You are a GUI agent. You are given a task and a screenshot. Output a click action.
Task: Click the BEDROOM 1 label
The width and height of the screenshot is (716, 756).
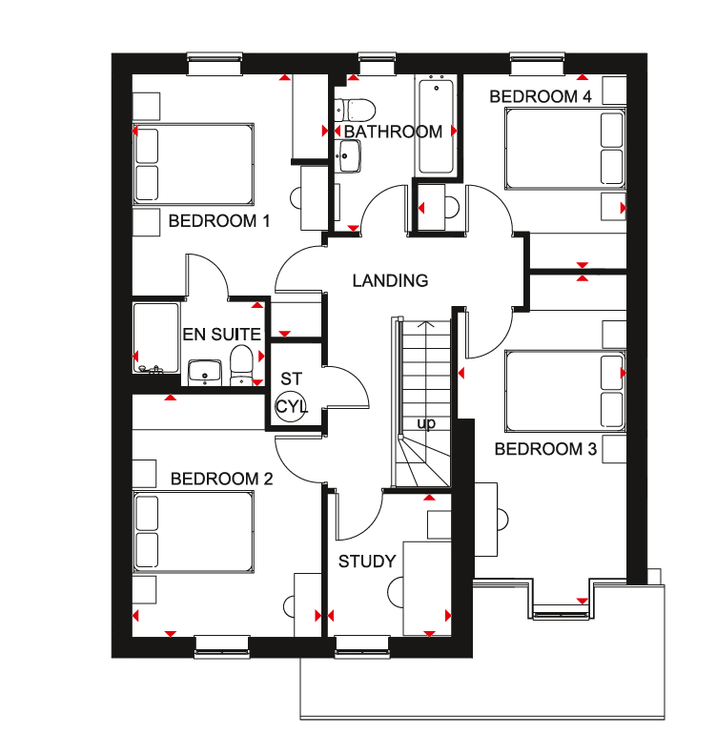(219, 221)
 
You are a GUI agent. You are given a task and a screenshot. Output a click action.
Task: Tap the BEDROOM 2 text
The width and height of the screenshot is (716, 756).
(221, 479)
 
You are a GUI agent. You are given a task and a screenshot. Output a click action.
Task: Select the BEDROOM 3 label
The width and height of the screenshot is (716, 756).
(545, 449)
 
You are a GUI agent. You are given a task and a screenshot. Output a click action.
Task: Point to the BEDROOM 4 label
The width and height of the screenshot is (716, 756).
(541, 96)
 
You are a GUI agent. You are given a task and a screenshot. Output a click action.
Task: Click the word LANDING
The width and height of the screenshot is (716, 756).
(390, 280)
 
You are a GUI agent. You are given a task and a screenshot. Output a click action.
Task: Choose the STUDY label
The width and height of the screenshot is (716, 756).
(367, 562)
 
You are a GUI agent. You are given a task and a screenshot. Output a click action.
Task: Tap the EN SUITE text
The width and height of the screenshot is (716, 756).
(221, 334)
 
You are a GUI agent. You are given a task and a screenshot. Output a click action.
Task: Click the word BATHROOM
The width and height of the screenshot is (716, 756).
(393, 132)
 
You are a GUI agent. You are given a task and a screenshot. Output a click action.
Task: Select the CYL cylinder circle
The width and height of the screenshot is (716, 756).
(291, 406)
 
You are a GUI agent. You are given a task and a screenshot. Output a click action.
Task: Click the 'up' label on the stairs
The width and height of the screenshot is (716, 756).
(426, 423)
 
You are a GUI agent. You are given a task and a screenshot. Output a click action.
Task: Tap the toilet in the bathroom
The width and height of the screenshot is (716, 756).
(355, 110)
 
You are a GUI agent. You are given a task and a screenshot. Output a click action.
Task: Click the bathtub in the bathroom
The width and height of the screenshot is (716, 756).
(437, 127)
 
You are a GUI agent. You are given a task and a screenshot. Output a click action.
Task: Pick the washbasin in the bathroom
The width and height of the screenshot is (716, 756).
(349, 155)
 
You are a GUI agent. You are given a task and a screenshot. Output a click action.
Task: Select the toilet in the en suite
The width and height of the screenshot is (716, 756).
(241, 366)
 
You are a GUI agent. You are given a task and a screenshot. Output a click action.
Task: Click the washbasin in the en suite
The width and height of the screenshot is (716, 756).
(205, 373)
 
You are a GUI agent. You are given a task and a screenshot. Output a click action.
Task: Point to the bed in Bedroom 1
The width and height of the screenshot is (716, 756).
(194, 164)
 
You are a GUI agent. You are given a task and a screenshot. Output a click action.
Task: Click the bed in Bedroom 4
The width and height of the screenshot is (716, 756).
(565, 149)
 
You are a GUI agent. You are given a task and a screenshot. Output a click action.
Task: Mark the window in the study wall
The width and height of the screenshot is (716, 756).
(362, 646)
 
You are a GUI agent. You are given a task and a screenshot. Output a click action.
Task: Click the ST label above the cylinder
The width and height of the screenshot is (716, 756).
(291, 379)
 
